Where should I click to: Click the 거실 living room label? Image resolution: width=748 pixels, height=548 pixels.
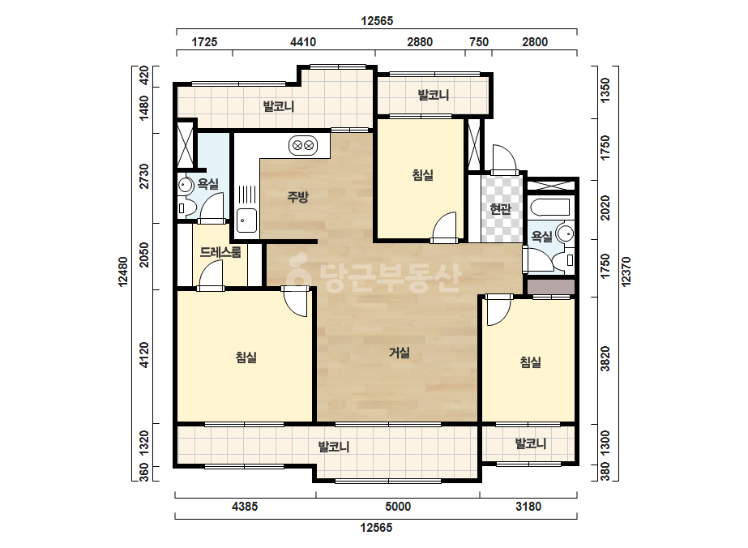400,353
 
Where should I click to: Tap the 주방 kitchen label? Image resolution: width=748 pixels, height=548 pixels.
297,196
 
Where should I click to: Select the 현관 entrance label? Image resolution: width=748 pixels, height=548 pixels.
500,208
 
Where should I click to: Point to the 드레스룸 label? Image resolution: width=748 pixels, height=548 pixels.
220,251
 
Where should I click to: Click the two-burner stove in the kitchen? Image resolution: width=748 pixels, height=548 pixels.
303,145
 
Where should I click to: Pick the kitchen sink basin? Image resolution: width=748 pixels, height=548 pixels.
246,220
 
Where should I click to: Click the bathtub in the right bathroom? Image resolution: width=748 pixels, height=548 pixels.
550,208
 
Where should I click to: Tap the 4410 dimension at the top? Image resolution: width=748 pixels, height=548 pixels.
303,42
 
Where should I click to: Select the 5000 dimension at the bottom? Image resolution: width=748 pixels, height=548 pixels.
398,506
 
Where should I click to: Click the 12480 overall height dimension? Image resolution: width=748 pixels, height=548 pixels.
123,272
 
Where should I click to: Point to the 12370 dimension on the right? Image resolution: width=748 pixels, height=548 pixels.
626,272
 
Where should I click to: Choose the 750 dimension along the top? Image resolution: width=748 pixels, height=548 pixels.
479,42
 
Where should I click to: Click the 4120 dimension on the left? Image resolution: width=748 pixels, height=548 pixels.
144,355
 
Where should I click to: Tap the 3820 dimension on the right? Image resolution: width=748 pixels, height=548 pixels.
605,359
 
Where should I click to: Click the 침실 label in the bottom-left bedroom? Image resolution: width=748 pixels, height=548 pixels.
246,357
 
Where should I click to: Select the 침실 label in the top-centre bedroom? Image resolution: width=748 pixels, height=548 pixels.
423,175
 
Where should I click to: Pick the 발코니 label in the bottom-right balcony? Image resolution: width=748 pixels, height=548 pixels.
531,444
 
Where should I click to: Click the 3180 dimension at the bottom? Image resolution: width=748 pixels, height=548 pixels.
528,506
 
